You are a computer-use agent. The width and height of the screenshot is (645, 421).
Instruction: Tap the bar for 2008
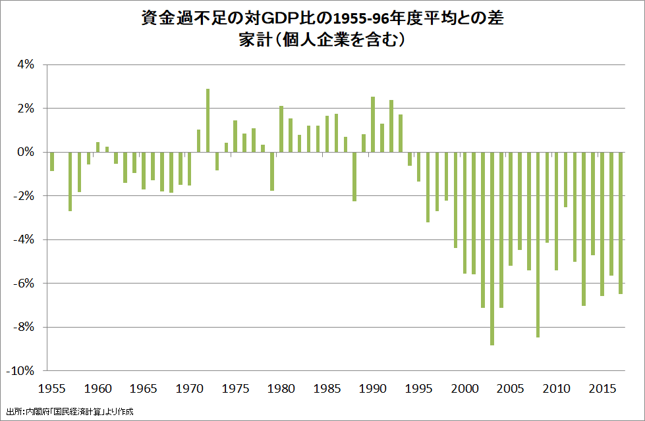tap(538, 244)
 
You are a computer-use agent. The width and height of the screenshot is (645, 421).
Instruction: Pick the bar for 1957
tap(70, 182)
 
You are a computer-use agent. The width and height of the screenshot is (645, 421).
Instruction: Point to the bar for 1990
tap(373, 124)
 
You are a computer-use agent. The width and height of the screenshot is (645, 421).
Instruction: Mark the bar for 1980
tap(281, 129)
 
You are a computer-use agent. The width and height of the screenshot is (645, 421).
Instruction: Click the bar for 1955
tap(51, 161)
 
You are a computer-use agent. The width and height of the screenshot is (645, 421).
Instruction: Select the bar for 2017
tap(621, 223)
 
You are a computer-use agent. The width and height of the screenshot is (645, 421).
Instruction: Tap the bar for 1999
tap(455, 200)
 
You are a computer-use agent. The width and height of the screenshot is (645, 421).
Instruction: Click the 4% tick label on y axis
tap(24, 64)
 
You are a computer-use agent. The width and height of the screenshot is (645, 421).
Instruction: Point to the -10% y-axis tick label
tap(19, 370)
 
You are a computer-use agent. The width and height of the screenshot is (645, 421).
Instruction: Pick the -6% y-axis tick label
tap(22, 283)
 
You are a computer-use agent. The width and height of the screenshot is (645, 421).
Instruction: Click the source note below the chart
tap(69, 412)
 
